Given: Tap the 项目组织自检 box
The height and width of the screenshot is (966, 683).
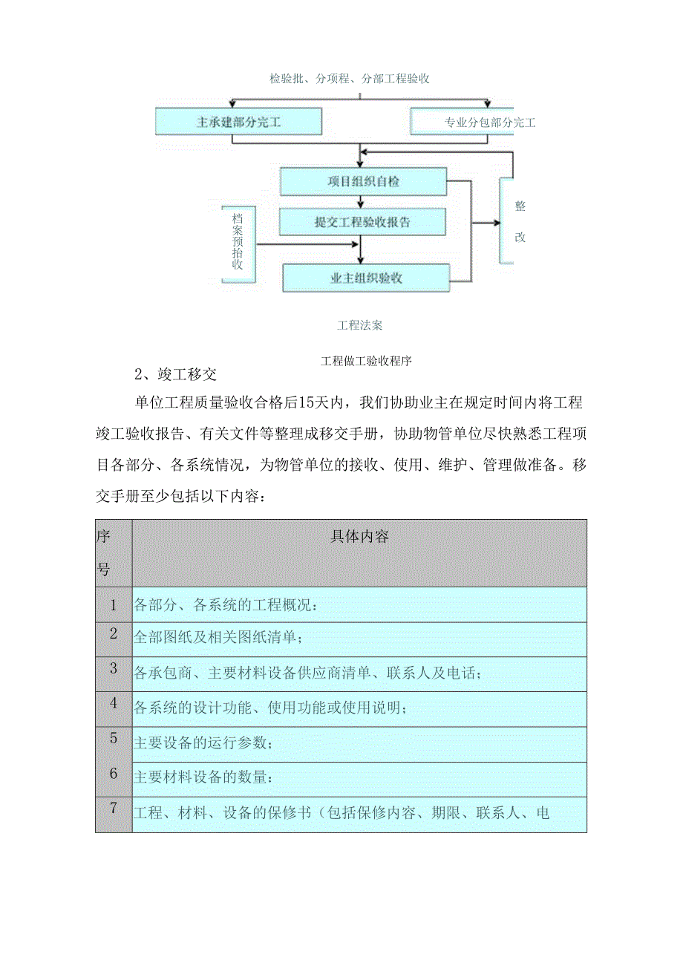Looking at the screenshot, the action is point(363,181).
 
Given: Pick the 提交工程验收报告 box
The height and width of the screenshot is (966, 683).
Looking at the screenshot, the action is point(362,222).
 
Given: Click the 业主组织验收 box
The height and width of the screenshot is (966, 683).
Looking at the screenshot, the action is point(366,278).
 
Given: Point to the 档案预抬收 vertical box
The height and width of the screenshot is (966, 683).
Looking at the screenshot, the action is point(238,242).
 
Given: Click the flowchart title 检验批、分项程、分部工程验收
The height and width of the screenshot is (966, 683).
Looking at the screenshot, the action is point(350,79).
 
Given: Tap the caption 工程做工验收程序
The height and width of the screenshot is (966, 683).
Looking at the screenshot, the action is point(367,362).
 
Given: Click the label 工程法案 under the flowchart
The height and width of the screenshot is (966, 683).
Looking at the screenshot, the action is point(360,324).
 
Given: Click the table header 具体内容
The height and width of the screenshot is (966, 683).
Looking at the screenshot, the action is point(359,537).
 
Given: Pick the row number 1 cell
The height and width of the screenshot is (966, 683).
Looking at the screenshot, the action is point(114,604).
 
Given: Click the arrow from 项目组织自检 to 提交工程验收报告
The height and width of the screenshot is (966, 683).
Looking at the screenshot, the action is point(361,201).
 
